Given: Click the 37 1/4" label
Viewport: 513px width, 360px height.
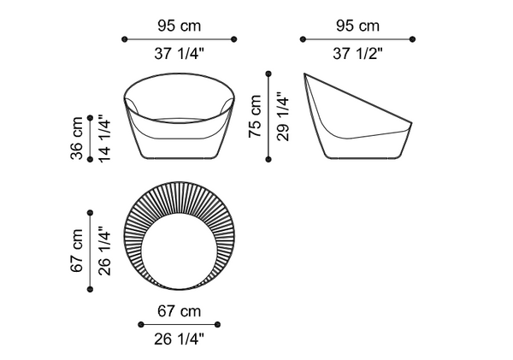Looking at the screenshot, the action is tap(179, 53).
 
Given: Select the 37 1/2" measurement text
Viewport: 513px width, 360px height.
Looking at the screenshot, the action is tap(357, 53).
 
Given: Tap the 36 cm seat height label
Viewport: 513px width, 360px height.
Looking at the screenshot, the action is tap(77, 139).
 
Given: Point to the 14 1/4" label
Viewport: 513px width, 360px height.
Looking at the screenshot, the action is tap(105, 138).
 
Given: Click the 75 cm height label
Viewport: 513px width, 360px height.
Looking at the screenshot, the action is tap(255, 116).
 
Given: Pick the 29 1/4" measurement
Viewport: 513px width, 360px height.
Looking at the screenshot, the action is tap(283, 117).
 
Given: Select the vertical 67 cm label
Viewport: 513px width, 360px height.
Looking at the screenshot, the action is tap(77, 251).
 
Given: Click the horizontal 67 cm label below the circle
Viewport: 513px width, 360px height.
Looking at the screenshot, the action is tap(179, 311).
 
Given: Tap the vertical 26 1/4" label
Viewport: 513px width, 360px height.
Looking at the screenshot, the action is tap(105, 251).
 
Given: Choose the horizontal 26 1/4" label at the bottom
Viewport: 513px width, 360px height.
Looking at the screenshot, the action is tap(179, 339).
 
